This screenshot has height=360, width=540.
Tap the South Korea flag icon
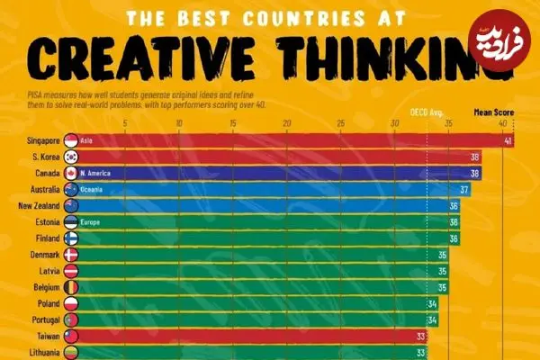pos(72,157)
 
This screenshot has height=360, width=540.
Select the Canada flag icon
pos(72,173)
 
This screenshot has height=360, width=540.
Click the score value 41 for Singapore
pos(508,141)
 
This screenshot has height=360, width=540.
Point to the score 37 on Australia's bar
pos(464,190)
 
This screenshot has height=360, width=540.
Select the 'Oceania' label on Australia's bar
pos(92,190)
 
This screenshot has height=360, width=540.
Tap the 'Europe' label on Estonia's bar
pos(91,221)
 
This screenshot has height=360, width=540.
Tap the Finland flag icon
pos(72,238)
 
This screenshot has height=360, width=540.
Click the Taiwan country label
pos(45,335)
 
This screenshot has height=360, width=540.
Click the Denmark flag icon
pos(72,255)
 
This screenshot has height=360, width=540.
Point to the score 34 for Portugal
pos(432,319)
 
